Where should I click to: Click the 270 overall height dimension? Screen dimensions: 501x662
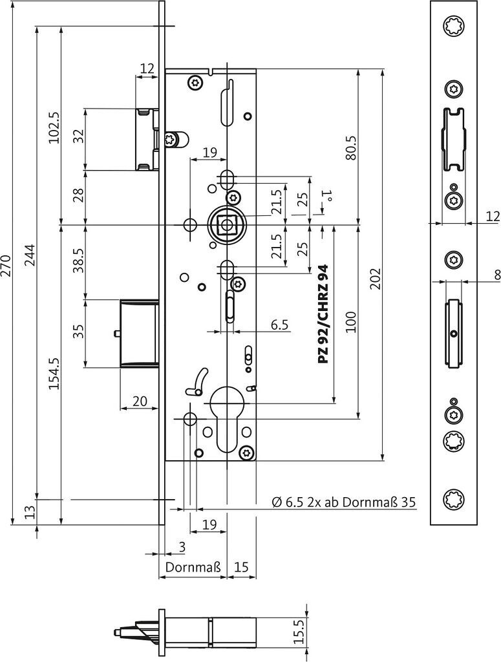coord(6,265)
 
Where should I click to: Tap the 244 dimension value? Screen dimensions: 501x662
coord(31,256)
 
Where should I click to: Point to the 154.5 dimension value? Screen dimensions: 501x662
coord(54,373)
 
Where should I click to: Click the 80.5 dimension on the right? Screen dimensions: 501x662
coord(352,148)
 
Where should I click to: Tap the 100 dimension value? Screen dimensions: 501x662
coord(351,322)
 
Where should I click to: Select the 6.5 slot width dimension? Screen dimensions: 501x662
coord(279,325)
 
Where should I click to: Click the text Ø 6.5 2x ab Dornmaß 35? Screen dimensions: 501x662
coord(343,502)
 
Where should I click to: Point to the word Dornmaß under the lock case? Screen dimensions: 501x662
coord(193,566)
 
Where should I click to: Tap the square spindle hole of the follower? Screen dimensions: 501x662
coord(226,224)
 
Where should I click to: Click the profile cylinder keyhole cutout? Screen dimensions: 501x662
coord(227,420)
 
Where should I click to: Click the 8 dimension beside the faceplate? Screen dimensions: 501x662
coord(496,276)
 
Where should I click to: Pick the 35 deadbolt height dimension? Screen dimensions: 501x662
coord(78,332)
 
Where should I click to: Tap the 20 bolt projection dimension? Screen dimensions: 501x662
coord(140,401)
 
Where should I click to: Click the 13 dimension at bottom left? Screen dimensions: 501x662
coord(30,513)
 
